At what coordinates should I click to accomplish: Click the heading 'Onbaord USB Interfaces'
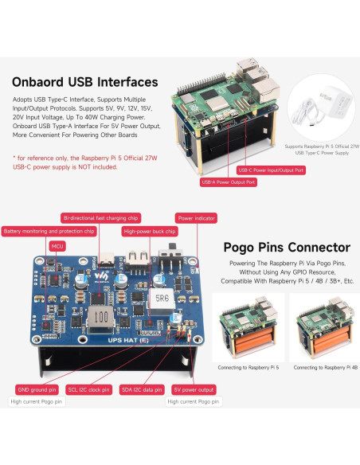(x=84, y=82)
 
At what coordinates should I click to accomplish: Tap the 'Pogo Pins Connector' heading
(x=286, y=248)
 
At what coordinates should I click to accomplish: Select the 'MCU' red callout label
(x=57, y=247)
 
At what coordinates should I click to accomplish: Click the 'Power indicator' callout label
(x=196, y=217)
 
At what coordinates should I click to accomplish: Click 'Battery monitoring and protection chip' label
(x=49, y=232)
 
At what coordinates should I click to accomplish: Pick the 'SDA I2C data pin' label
(x=142, y=389)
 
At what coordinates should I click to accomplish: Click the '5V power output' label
(x=193, y=389)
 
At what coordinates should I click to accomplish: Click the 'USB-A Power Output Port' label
(x=229, y=182)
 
